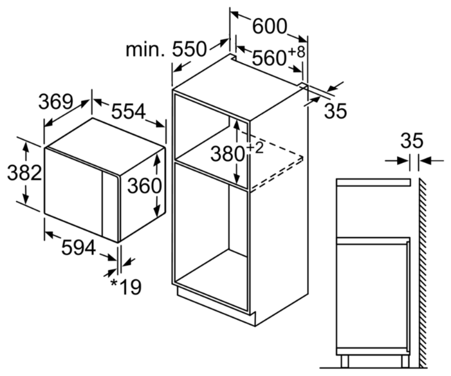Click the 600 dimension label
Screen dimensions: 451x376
point(270,26)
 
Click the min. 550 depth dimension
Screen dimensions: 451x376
point(166,49)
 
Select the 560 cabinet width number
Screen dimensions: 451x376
point(269,58)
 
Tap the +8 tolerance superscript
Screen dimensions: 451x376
point(296,52)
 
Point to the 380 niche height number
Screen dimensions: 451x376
point(228,154)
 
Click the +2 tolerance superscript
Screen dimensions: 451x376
point(255,149)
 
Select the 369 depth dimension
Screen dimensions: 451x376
point(56,102)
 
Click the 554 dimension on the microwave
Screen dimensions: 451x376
point(129,111)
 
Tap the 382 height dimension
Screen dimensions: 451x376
point(24,173)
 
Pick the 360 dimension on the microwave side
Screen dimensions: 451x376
point(144,185)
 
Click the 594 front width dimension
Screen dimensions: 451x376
point(78,247)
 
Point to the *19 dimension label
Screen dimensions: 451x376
point(126,287)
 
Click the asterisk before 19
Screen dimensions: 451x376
point(115,283)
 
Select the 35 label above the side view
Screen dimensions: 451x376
point(412,140)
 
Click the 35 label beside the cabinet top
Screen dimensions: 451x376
point(336,111)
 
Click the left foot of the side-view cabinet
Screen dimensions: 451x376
point(345,361)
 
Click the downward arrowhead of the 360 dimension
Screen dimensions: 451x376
point(157,213)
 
